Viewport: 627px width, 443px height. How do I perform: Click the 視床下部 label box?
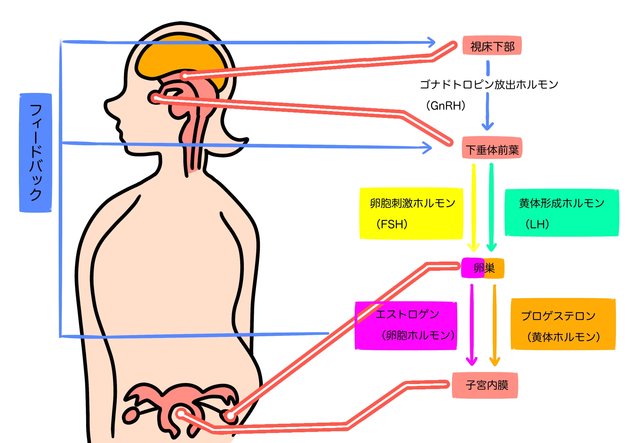pos(492,46)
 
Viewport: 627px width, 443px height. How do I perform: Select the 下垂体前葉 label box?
pos(492,148)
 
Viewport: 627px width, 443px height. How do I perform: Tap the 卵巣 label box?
pos(483,268)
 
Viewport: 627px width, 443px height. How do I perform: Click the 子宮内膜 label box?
pos(485,385)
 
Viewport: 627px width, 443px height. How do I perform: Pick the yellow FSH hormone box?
pos(411,214)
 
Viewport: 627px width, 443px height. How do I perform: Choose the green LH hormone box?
pos(561,213)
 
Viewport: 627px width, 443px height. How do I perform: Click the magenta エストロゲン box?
pos(406,325)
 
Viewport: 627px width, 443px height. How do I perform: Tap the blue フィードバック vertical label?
pos(35,153)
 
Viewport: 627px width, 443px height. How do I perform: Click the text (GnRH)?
pos(446,106)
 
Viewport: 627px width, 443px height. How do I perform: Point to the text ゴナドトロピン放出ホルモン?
pos(489,85)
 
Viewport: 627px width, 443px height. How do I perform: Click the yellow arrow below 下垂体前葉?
pos(474,207)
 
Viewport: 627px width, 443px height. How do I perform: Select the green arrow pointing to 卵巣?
pos(492,207)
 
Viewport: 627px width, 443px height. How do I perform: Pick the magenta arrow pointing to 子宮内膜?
pos(472,325)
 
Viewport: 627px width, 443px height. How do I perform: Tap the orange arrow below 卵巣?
pos(494,325)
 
